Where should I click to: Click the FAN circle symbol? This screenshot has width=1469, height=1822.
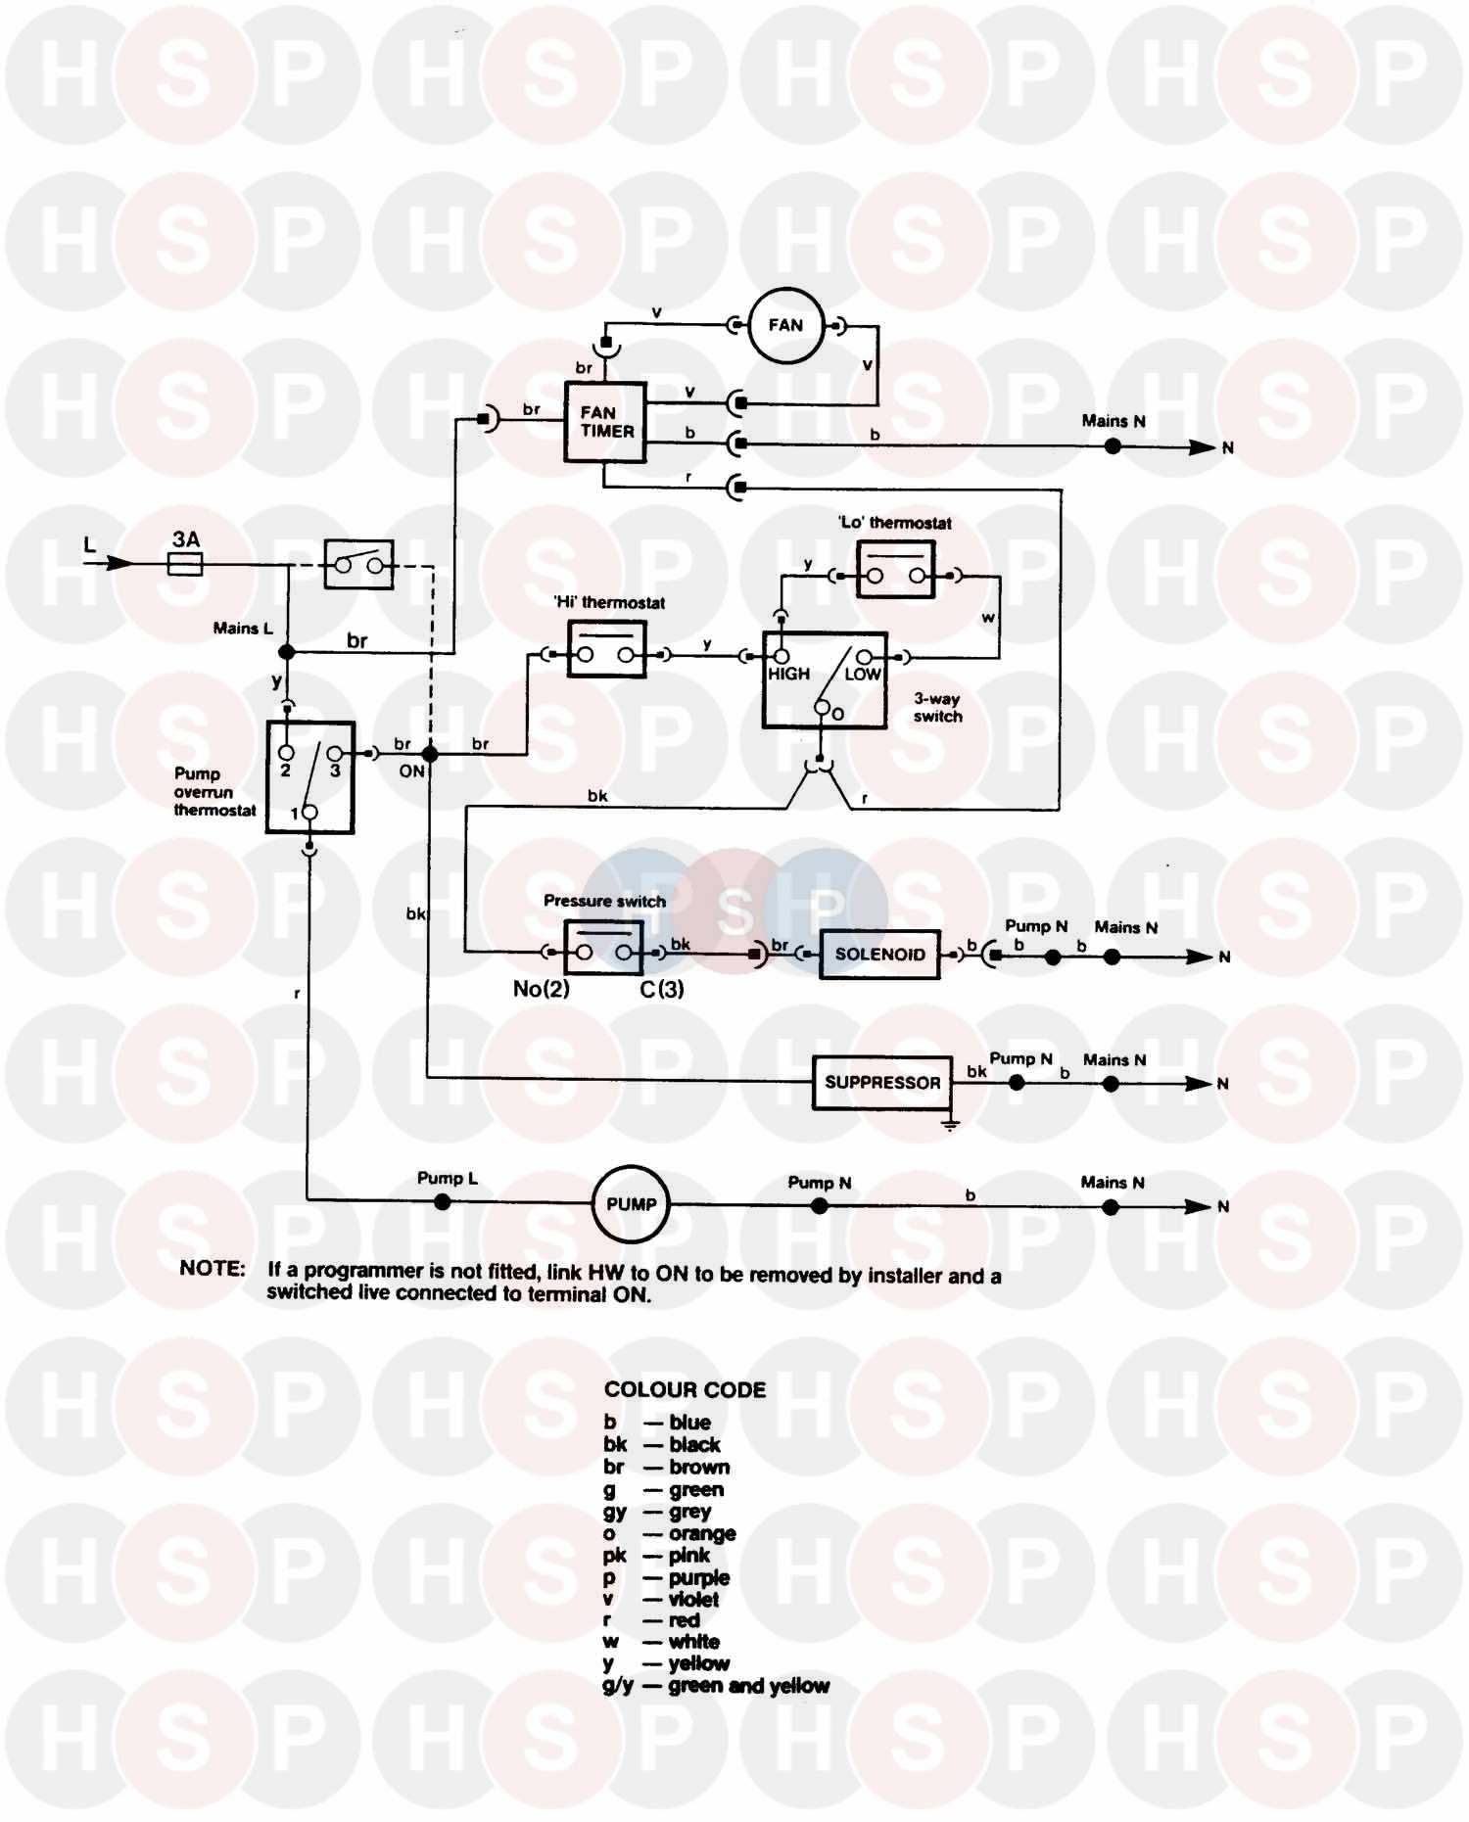click(785, 325)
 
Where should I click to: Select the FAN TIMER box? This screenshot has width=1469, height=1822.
click(606, 422)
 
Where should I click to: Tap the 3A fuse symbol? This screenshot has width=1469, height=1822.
click(185, 563)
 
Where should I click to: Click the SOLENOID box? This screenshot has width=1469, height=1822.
click(879, 955)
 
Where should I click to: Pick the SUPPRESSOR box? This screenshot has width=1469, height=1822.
click(882, 1082)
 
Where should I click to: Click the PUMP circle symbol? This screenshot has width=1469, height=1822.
click(631, 1204)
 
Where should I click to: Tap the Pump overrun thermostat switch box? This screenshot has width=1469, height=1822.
click(310, 778)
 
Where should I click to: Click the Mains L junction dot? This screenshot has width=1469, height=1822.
click(286, 652)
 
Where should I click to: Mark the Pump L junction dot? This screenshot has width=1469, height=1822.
click(443, 1201)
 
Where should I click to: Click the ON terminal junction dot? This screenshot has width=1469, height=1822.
click(429, 754)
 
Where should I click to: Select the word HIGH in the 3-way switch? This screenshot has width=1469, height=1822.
click(788, 675)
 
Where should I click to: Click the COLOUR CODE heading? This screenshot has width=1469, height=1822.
click(685, 1389)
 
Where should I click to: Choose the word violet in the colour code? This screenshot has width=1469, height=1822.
click(693, 1599)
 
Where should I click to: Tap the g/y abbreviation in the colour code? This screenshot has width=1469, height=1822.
click(618, 1686)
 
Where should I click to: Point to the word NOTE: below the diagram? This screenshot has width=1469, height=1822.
click(213, 1269)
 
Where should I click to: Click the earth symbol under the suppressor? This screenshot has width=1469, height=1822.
click(949, 1124)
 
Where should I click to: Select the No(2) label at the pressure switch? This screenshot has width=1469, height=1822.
click(541, 989)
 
